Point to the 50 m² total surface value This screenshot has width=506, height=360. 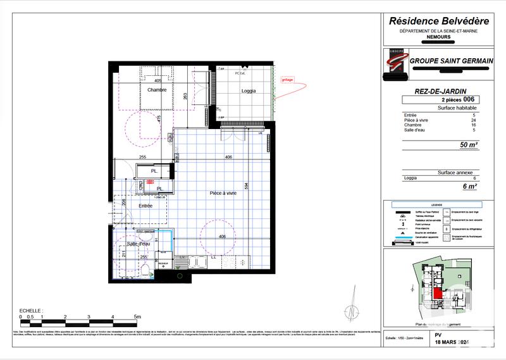[469, 145]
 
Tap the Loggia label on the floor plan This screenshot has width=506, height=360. [249, 91]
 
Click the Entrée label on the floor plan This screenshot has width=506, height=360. [145, 206]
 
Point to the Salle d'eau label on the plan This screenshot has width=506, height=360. [138, 244]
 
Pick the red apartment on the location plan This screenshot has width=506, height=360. [438, 292]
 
